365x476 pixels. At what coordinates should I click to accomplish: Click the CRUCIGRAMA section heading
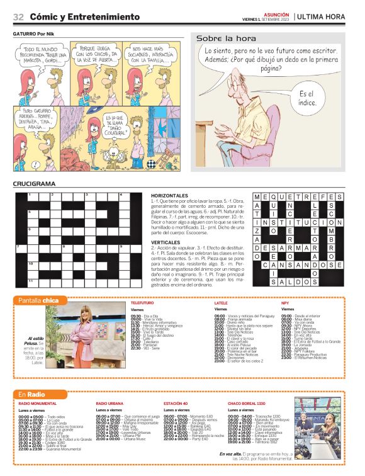click(x=34, y=184)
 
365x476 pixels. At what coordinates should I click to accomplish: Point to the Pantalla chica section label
click(x=39, y=300)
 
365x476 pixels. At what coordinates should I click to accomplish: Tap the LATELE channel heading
click(x=222, y=303)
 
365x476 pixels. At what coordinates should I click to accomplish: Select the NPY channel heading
click(x=285, y=303)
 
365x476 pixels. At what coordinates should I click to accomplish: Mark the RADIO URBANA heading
click(x=109, y=403)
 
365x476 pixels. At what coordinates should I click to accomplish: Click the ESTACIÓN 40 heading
click(x=176, y=403)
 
